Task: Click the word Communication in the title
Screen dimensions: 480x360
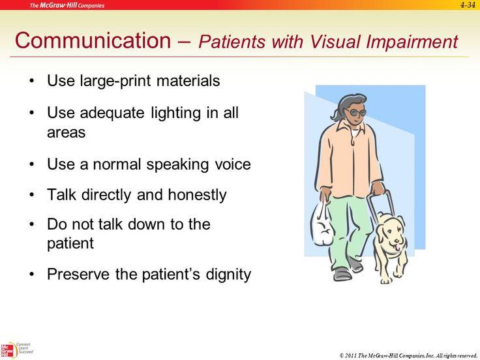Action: click(x=93, y=40)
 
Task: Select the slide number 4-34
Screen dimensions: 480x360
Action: click(x=468, y=5)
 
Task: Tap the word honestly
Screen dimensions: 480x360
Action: click(x=197, y=195)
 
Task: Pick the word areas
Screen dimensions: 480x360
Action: click(x=66, y=133)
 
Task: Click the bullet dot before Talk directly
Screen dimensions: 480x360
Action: click(x=32, y=195)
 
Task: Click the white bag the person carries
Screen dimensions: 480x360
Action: click(x=322, y=226)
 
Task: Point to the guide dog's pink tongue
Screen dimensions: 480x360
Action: click(x=397, y=247)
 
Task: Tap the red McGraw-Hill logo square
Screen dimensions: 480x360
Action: click(x=7, y=351)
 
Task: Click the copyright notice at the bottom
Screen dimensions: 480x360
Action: click(x=408, y=355)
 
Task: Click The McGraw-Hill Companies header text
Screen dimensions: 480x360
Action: click(x=67, y=5)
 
